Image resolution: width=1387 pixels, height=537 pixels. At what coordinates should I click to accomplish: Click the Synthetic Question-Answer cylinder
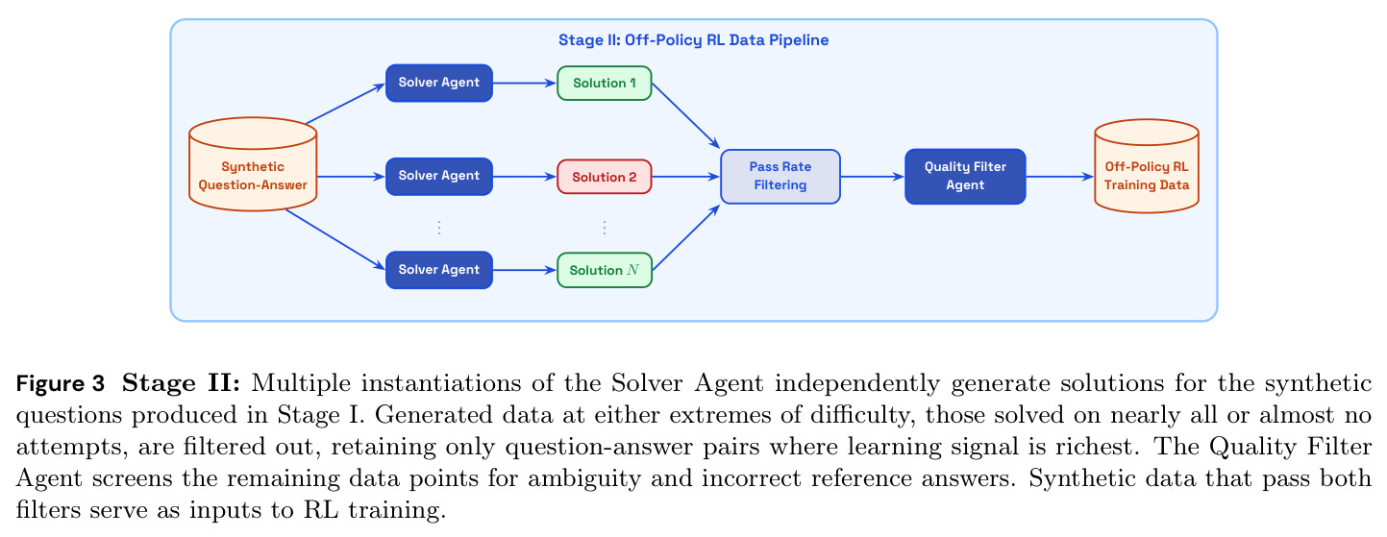pyautogui.click(x=253, y=164)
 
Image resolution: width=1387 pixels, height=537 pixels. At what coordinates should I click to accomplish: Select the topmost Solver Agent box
pyautogui.click(x=439, y=83)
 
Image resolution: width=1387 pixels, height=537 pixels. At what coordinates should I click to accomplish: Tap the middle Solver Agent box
pyautogui.click(x=439, y=177)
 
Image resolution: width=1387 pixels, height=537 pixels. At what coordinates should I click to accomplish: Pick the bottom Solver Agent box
pyautogui.click(x=439, y=270)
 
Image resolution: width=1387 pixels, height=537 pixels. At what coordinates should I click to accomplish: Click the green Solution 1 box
pyautogui.click(x=605, y=83)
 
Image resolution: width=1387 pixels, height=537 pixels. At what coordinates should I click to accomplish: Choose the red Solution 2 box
pyautogui.click(x=605, y=177)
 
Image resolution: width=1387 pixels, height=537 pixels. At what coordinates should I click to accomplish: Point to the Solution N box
pyautogui.click(x=605, y=270)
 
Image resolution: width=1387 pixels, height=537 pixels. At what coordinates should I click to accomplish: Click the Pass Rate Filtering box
pyautogui.click(x=780, y=177)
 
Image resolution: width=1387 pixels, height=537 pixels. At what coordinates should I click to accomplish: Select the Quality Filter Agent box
pyautogui.click(x=965, y=177)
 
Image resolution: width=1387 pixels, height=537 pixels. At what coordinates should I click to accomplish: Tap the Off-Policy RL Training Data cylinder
pyautogui.click(x=1147, y=166)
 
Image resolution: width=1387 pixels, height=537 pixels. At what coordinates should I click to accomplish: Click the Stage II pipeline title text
pyautogui.click(x=694, y=40)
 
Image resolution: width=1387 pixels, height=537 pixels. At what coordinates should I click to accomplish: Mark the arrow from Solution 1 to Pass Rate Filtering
pyautogui.click(x=686, y=115)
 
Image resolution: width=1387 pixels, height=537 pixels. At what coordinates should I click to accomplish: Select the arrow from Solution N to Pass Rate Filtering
pyautogui.click(x=686, y=237)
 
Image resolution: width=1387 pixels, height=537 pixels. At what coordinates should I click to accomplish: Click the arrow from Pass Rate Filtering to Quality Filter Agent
pyautogui.click(x=873, y=177)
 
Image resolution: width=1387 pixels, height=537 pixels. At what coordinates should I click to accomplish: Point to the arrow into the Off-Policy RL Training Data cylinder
pyautogui.click(x=1060, y=177)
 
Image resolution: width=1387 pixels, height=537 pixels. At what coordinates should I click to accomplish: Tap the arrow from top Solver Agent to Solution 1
pyautogui.click(x=525, y=83)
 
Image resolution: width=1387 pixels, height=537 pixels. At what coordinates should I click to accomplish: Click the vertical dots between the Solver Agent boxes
pyautogui.click(x=439, y=228)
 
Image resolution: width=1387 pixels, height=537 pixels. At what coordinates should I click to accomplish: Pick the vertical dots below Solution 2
pyautogui.click(x=605, y=228)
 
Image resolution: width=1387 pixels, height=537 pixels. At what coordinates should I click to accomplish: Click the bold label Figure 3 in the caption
pyautogui.click(x=60, y=383)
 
